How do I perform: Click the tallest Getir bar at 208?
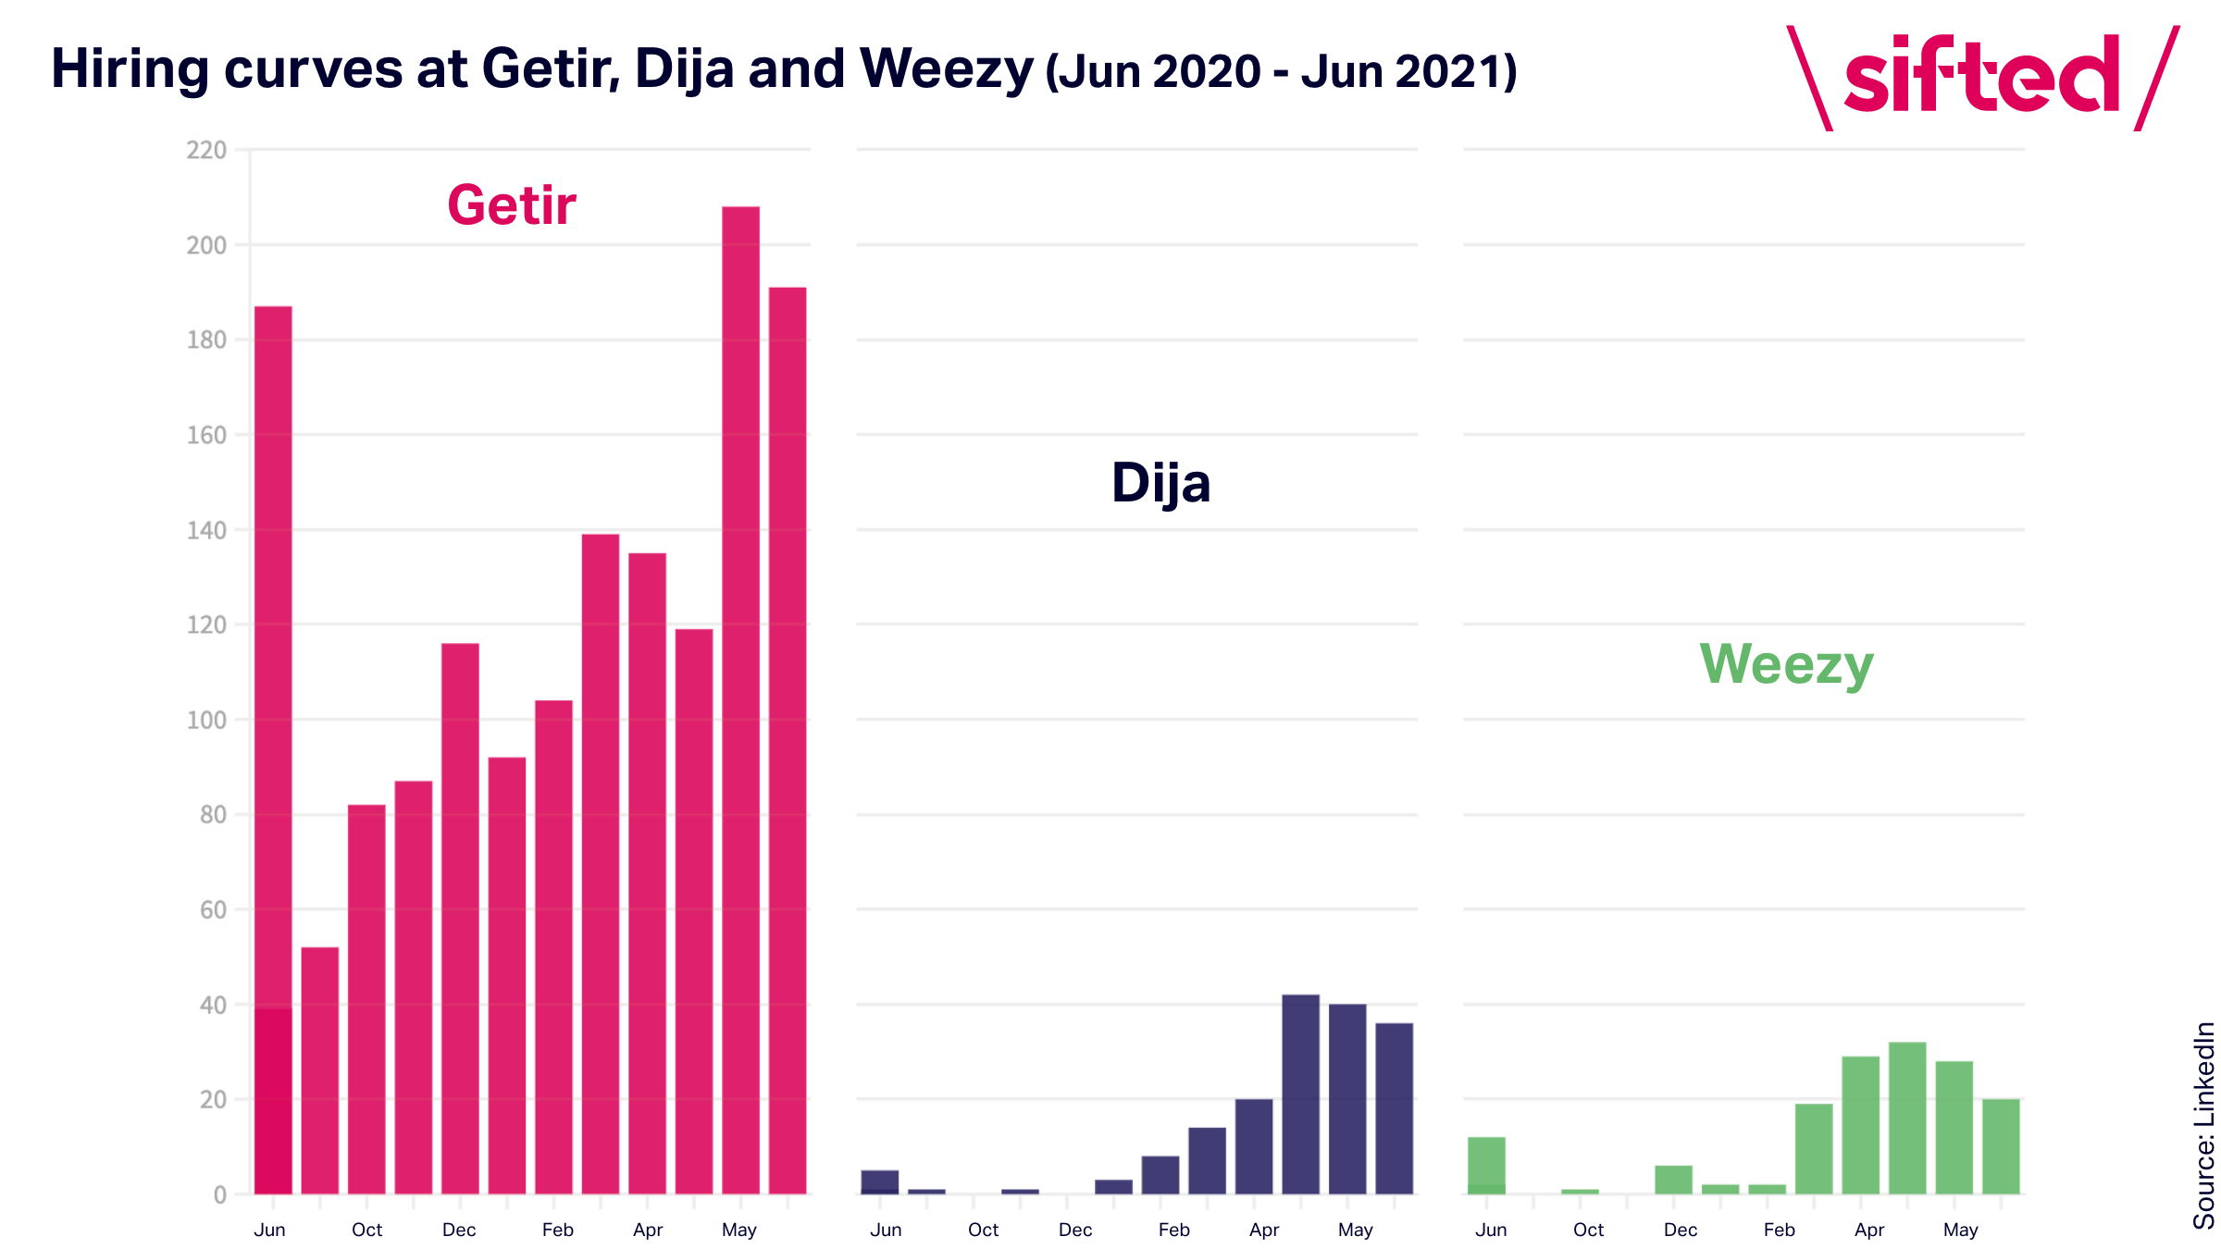click(x=740, y=699)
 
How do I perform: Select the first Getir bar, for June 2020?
click(x=273, y=749)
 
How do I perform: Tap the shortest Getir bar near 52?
click(x=320, y=1070)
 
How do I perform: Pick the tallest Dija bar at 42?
click(x=1300, y=1094)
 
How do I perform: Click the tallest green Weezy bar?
click(x=1907, y=1118)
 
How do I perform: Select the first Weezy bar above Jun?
click(x=1486, y=1166)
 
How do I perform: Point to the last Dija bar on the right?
click(x=1395, y=1108)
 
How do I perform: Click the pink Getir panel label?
click(x=512, y=204)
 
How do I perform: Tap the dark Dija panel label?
click(x=1160, y=483)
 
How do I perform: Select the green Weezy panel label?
click(x=1786, y=664)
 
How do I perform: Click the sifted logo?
click(x=1982, y=79)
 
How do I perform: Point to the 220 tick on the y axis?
click(x=206, y=150)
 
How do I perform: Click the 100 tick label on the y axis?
click(x=206, y=720)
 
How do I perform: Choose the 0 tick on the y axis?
click(x=220, y=1194)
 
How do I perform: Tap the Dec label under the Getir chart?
click(x=459, y=1230)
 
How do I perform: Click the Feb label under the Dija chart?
click(x=1174, y=1230)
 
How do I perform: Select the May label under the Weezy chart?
click(x=1960, y=1230)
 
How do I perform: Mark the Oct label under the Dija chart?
click(x=983, y=1230)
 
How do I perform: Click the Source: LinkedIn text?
click(x=2204, y=1125)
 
